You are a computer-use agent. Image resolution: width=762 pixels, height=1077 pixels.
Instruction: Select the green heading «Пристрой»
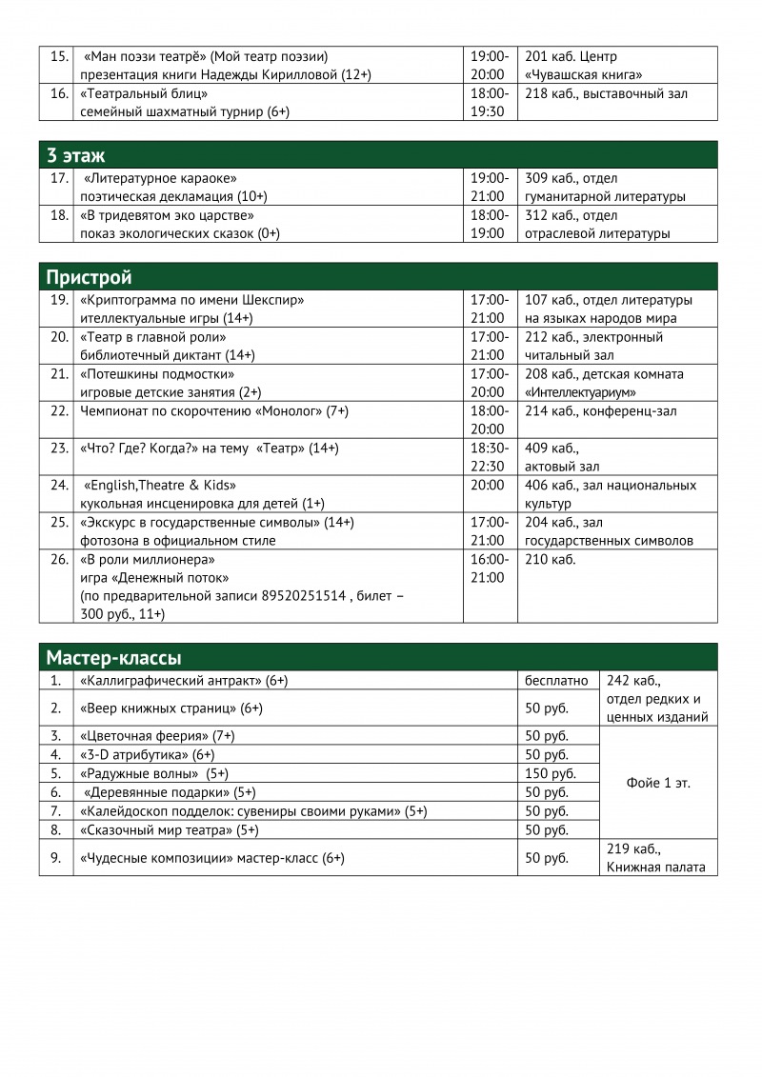tap(90, 277)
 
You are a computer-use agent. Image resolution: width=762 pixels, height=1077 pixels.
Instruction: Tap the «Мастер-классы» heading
tap(114, 658)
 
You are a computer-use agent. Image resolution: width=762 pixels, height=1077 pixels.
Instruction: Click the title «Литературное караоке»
tap(160, 178)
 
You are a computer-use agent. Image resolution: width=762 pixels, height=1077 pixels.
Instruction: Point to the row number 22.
tap(59, 411)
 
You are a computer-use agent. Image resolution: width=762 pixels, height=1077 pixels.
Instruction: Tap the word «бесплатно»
tap(556, 681)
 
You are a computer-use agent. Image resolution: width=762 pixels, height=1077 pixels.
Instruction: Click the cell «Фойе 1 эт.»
tap(658, 783)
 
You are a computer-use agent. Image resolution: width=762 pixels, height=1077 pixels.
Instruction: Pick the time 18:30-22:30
tap(489, 457)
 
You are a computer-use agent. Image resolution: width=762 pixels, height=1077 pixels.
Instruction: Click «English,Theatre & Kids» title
tap(160, 486)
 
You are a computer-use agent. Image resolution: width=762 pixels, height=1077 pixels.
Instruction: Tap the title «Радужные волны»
tap(139, 773)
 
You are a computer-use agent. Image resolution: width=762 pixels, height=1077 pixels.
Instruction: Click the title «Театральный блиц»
tap(144, 93)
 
